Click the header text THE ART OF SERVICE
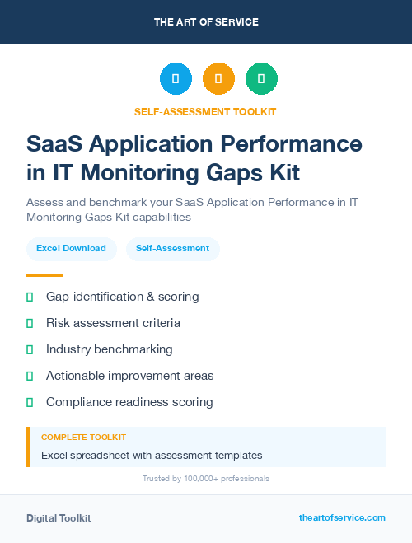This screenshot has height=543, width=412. pyautogui.click(x=206, y=22)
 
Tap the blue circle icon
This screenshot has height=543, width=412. pyautogui.click(x=176, y=79)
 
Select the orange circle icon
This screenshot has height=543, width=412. pyautogui.click(x=218, y=79)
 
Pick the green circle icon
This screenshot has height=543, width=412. pyautogui.click(x=261, y=79)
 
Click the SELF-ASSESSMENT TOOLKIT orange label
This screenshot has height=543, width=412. pyautogui.click(x=206, y=111)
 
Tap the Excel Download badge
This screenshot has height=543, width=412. pyautogui.click(x=71, y=248)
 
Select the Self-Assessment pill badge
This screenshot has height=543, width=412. pyautogui.click(x=172, y=248)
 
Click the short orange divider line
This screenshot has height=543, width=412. pyautogui.click(x=44, y=275)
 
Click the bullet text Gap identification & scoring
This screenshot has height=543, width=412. pyautogui.click(x=122, y=297)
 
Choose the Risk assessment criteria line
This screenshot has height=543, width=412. pyautogui.click(x=113, y=323)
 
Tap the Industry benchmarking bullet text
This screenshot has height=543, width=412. pyautogui.click(x=110, y=349)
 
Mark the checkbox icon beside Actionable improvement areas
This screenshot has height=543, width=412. pyautogui.click(x=30, y=376)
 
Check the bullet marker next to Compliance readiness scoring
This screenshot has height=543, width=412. pyautogui.click(x=30, y=402)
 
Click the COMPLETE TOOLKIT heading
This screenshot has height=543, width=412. pyautogui.click(x=83, y=437)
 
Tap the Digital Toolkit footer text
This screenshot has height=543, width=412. pyautogui.click(x=59, y=518)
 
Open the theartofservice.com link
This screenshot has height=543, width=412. pyautogui.click(x=342, y=517)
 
